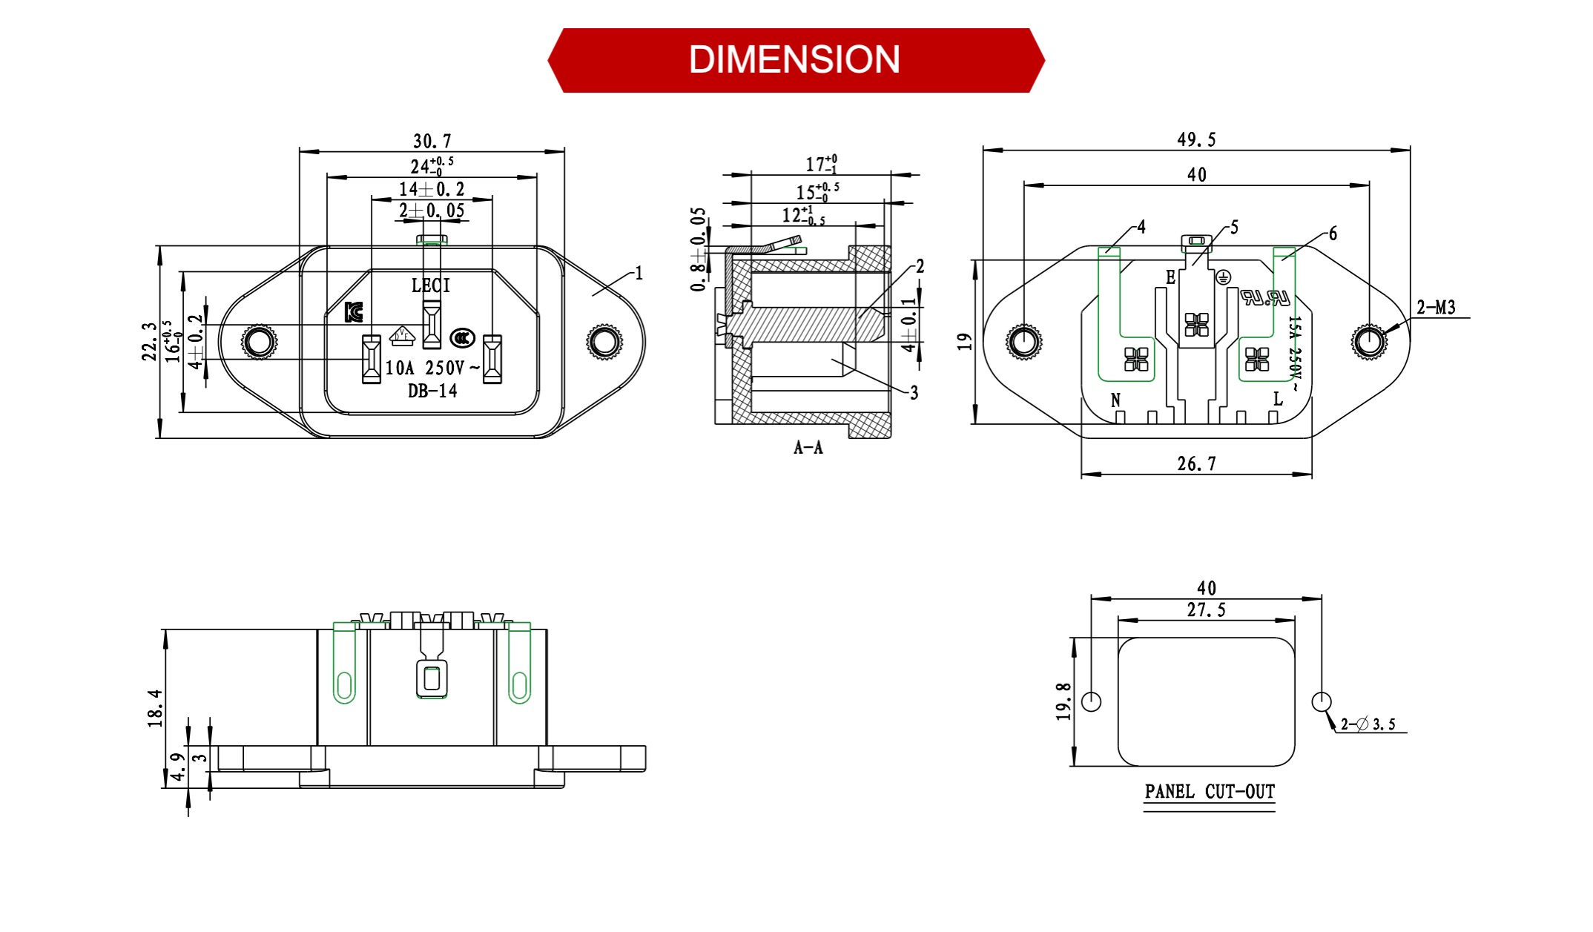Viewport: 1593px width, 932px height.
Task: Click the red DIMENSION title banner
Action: [795, 60]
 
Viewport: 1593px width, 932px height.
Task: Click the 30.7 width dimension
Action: [432, 141]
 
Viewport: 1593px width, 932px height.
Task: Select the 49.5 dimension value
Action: [1196, 139]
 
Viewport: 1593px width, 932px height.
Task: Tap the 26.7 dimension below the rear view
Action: [1196, 464]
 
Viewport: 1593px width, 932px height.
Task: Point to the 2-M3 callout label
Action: [1436, 307]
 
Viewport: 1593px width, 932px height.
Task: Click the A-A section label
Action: [808, 447]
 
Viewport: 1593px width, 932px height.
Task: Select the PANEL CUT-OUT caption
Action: [1209, 792]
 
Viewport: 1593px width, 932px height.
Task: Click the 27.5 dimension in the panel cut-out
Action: [1206, 610]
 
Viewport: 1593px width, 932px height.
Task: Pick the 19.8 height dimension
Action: [1063, 701]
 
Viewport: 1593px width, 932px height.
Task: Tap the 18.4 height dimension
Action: [155, 708]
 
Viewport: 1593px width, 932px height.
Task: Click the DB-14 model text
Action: [432, 391]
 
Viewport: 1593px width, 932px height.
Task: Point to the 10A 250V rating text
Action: [432, 368]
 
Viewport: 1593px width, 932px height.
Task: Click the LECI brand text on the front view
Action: [431, 285]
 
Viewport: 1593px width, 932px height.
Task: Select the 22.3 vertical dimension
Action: [150, 342]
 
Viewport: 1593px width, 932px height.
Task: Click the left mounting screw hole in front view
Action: [259, 342]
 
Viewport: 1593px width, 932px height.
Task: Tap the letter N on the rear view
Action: [1115, 400]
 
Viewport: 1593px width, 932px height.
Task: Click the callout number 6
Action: [1332, 234]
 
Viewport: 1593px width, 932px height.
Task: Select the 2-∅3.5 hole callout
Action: [1368, 724]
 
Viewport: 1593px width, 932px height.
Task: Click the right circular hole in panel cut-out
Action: [1322, 701]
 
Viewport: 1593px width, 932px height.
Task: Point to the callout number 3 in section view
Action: [914, 393]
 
